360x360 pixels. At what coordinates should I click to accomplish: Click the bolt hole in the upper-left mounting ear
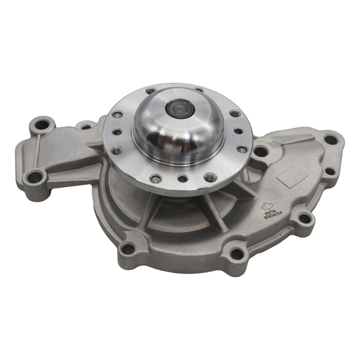42,125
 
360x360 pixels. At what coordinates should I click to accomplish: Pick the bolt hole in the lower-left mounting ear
35,176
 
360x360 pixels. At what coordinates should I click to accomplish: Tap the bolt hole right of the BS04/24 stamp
305,218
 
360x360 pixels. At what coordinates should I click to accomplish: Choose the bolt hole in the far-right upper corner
331,140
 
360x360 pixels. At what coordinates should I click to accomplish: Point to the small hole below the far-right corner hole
329,172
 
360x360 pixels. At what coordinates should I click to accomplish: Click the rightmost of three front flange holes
209,177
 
